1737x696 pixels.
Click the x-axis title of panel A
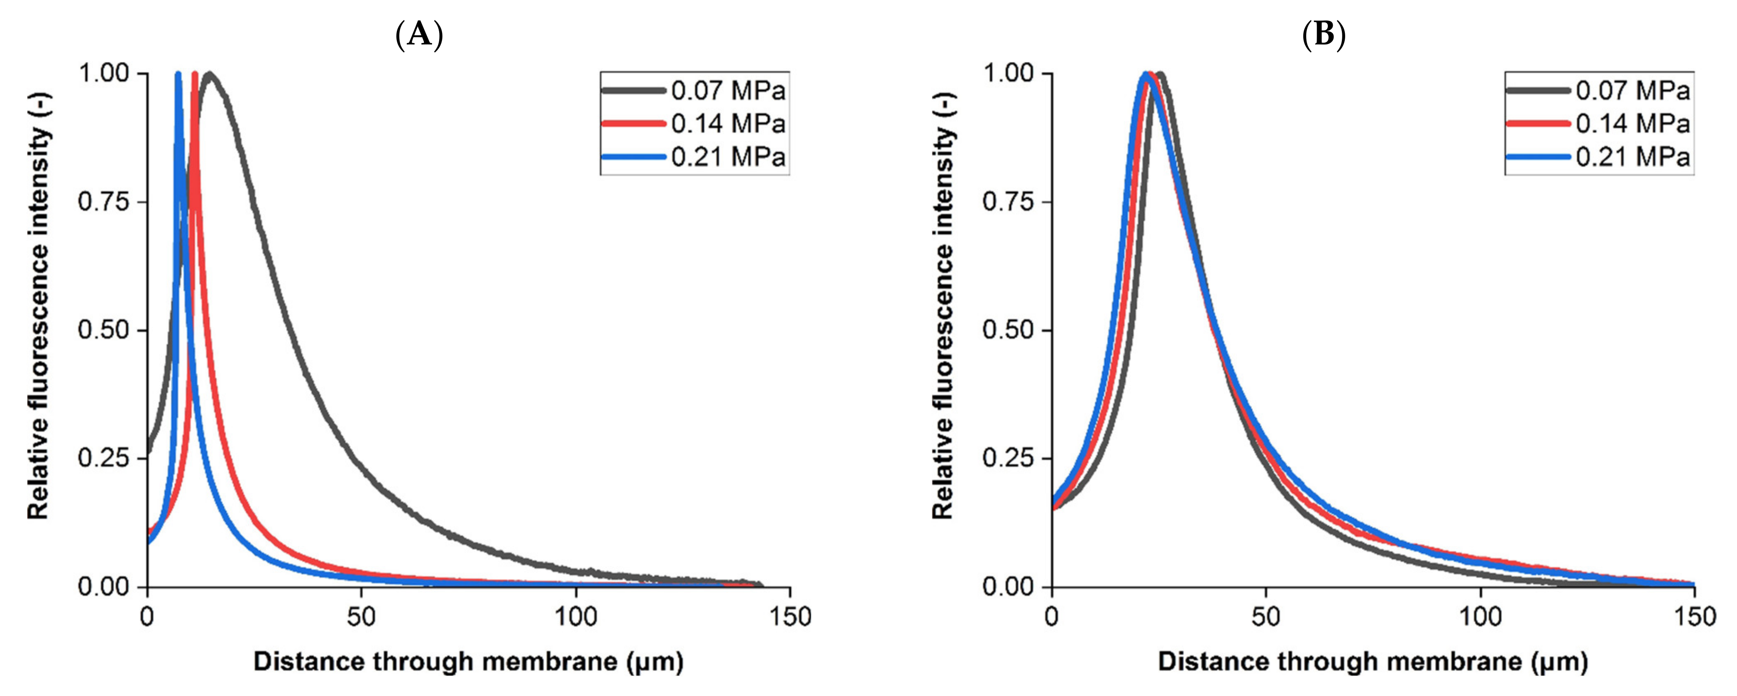pos(468,662)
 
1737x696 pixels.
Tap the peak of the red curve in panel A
pos(195,74)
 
